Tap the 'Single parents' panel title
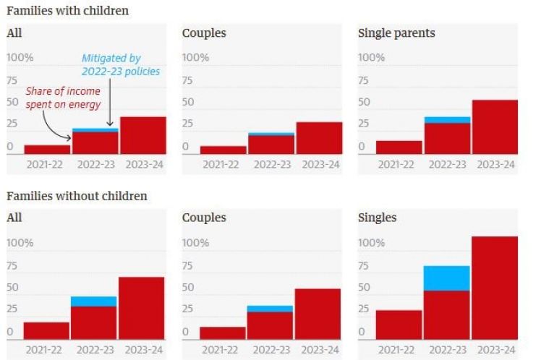396,33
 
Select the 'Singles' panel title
378,218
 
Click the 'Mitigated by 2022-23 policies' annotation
121,64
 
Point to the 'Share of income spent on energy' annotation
62,98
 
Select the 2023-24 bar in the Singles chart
495,288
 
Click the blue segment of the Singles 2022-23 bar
446,278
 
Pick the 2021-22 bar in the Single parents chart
399,147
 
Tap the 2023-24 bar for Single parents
495,127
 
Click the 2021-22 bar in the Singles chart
399,325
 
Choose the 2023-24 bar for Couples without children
318,314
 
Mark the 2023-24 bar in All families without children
142,308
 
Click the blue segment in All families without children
93,301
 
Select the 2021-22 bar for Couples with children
223,150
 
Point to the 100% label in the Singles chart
372,243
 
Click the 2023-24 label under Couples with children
319,164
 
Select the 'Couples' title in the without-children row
204,218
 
